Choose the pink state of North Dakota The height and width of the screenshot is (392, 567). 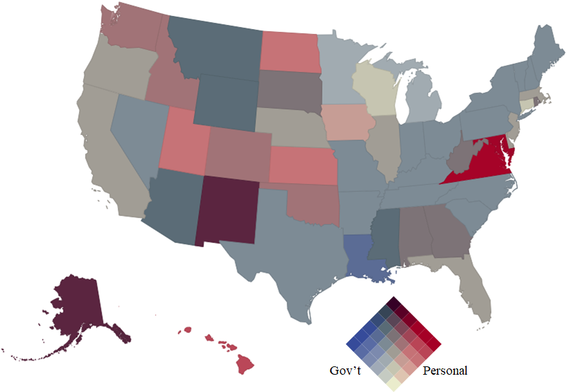pyautogui.click(x=289, y=51)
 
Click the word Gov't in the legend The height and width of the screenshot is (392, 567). pyautogui.click(x=345, y=371)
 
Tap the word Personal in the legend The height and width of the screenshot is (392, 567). pyautogui.click(x=444, y=371)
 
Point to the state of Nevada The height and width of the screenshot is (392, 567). pyautogui.click(x=138, y=135)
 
